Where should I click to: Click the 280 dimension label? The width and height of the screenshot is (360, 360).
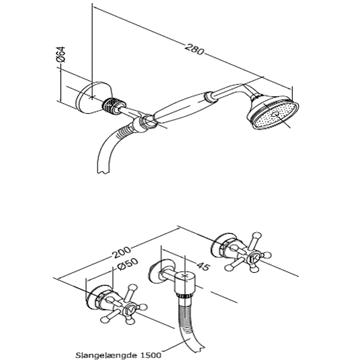(195, 49)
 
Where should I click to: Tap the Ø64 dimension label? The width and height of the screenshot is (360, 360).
(61, 54)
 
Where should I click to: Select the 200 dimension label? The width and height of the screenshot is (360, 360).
(121, 252)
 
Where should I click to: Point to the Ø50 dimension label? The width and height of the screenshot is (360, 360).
(127, 265)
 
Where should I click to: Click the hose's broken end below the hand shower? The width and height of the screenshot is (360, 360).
(103, 170)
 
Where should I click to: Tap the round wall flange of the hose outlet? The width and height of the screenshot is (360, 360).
(161, 272)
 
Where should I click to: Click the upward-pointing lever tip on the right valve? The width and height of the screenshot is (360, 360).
(256, 235)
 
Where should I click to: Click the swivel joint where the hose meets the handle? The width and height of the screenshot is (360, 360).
(143, 122)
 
